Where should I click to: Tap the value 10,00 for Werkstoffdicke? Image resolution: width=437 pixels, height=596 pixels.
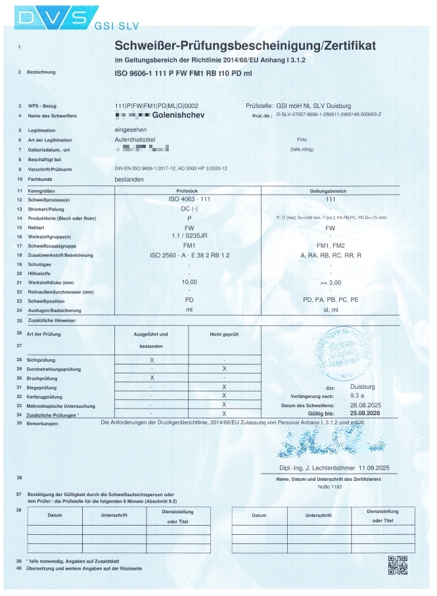pos(189,281)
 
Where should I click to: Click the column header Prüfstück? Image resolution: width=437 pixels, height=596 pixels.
pos(189,190)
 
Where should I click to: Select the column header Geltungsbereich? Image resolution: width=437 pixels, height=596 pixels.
pos(330,190)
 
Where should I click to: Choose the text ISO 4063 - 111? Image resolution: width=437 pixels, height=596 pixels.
pos(189,199)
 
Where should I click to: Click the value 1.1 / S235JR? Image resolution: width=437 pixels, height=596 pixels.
pos(189,236)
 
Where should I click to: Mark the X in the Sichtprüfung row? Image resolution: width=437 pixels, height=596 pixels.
pos(152,360)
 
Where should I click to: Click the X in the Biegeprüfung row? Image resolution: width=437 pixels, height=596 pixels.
pos(224,387)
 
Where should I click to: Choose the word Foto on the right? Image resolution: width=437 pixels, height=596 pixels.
pos(302,139)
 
